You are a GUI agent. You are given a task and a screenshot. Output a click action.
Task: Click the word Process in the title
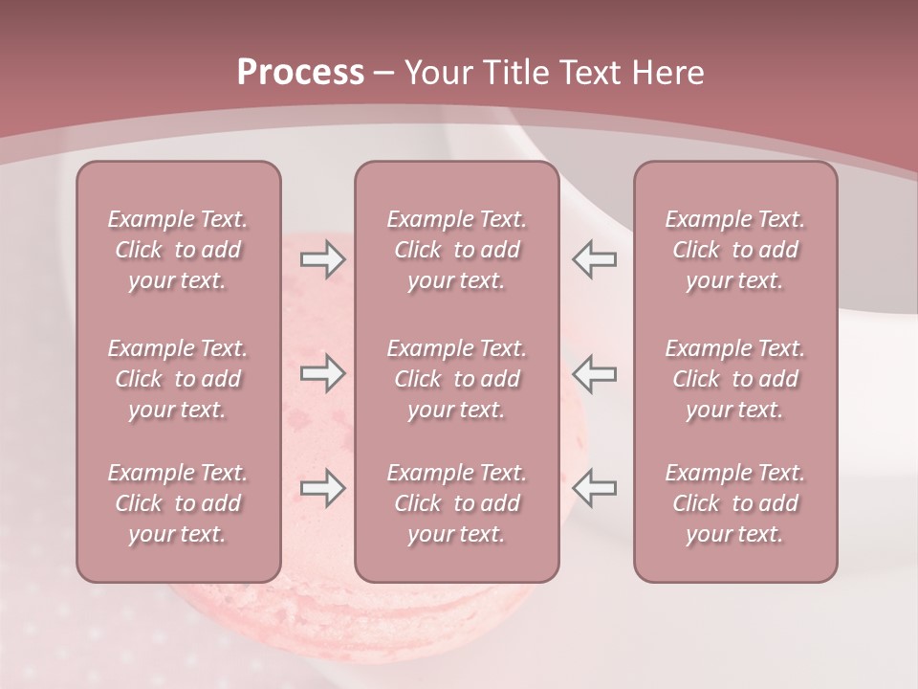tap(300, 73)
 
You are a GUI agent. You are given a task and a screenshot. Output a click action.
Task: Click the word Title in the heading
tap(514, 73)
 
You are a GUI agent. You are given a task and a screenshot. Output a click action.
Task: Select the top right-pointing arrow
tap(322, 259)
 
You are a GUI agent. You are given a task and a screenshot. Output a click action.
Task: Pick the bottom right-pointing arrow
tap(322, 487)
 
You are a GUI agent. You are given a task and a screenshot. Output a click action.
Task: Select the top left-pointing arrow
tap(595, 259)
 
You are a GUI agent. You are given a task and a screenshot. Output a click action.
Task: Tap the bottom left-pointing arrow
tap(595, 487)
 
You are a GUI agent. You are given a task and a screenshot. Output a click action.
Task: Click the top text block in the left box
tap(178, 250)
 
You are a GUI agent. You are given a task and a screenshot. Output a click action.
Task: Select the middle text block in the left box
tap(178, 379)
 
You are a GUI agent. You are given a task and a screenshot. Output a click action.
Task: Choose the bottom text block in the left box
tap(178, 503)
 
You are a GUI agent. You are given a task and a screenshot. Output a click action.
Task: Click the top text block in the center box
tap(456, 250)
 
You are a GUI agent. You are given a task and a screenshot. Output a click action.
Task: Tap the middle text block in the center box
tap(456, 379)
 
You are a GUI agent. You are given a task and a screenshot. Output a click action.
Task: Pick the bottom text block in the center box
tap(456, 503)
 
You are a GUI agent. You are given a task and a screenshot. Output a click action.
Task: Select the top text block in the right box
tap(734, 250)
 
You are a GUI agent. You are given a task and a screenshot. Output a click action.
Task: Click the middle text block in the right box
tap(734, 379)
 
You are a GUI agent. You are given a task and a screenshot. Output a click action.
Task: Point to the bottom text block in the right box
tap(734, 503)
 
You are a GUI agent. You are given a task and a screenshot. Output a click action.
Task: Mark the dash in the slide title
tap(384, 74)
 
